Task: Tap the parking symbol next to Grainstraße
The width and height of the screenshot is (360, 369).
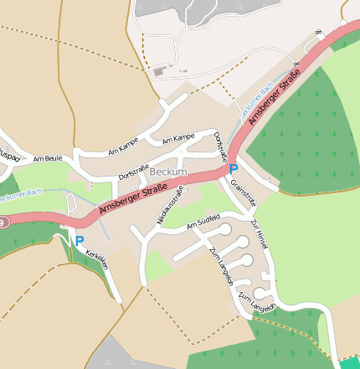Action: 234,169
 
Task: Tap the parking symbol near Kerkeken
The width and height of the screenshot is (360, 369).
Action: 80,240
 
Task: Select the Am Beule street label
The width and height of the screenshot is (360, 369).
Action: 48,157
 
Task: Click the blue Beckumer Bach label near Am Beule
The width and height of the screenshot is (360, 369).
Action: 20,194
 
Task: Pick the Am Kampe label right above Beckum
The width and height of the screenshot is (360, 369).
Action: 178,136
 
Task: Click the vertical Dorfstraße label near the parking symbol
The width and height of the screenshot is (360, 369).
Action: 221,146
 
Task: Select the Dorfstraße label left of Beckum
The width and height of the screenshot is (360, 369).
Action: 134,170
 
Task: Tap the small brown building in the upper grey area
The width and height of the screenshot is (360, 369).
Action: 159,73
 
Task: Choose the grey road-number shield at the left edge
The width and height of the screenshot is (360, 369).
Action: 3,223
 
